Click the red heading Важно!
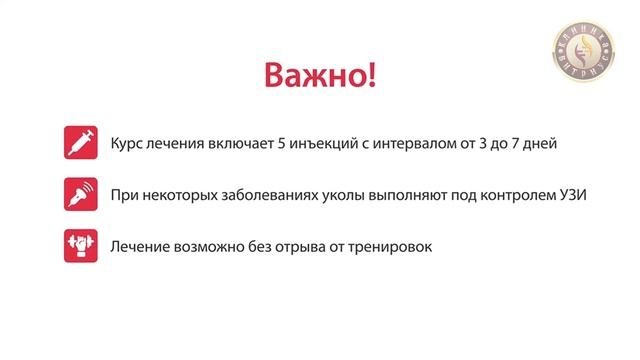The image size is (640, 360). [320, 77]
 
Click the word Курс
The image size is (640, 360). [128, 144]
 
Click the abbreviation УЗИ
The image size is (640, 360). [573, 195]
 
